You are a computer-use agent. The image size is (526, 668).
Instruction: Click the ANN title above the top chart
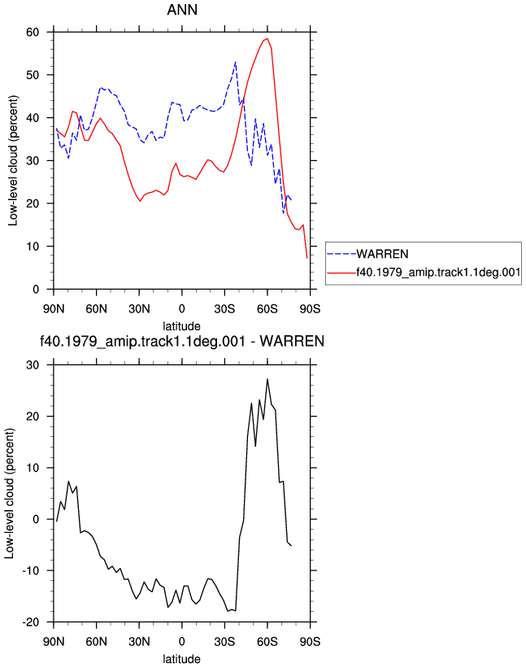pyautogui.click(x=182, y=10)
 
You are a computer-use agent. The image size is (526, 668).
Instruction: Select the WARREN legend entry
pyautogui.click(x=367, y=254)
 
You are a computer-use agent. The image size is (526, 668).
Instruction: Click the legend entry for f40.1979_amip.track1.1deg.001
pyautogui.click(x=424, y=273)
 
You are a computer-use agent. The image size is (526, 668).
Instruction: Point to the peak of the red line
pyautogui.click(x=267, y=39)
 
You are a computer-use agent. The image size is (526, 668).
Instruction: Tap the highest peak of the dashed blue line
pyautogui.click(x=235, y=62)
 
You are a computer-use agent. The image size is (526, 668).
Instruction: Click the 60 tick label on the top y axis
pyautogui.click(x=33, y=32)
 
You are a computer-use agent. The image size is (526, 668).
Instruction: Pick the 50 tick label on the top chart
pyautogui.click(x=33, y=75)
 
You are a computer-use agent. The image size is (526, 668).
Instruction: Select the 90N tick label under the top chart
pyautogui.click(x=54, y=308)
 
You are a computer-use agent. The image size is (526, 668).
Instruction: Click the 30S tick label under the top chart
pyautogui.click(x=224, y=308)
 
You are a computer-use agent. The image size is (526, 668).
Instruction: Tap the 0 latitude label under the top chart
pyautogui.click(x=182, y=308)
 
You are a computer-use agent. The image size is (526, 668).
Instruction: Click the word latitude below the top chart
pyautogui.click(x=182, y=326)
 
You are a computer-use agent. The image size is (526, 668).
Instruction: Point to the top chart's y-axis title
pyautogui.click(x=13, y=160)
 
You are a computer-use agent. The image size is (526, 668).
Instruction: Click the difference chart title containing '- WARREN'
pyautogui.click(x=182, y=341)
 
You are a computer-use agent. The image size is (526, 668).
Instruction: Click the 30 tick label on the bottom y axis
pyautogui.click(x=33, y=365)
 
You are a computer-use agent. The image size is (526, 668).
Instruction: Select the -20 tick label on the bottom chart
pyautogui.click(x=30, y=622)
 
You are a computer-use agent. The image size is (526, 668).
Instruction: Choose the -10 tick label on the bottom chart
pyautogui.click(x=30, y=570)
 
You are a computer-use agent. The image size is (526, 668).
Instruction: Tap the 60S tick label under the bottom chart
pyautogui.click(x=267, y=641)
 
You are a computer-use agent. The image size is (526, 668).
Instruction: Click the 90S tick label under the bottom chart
pyautogui.click(x=310, y=641)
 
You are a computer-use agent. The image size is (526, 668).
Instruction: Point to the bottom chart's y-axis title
pyautogui.click(x=10, y=493)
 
